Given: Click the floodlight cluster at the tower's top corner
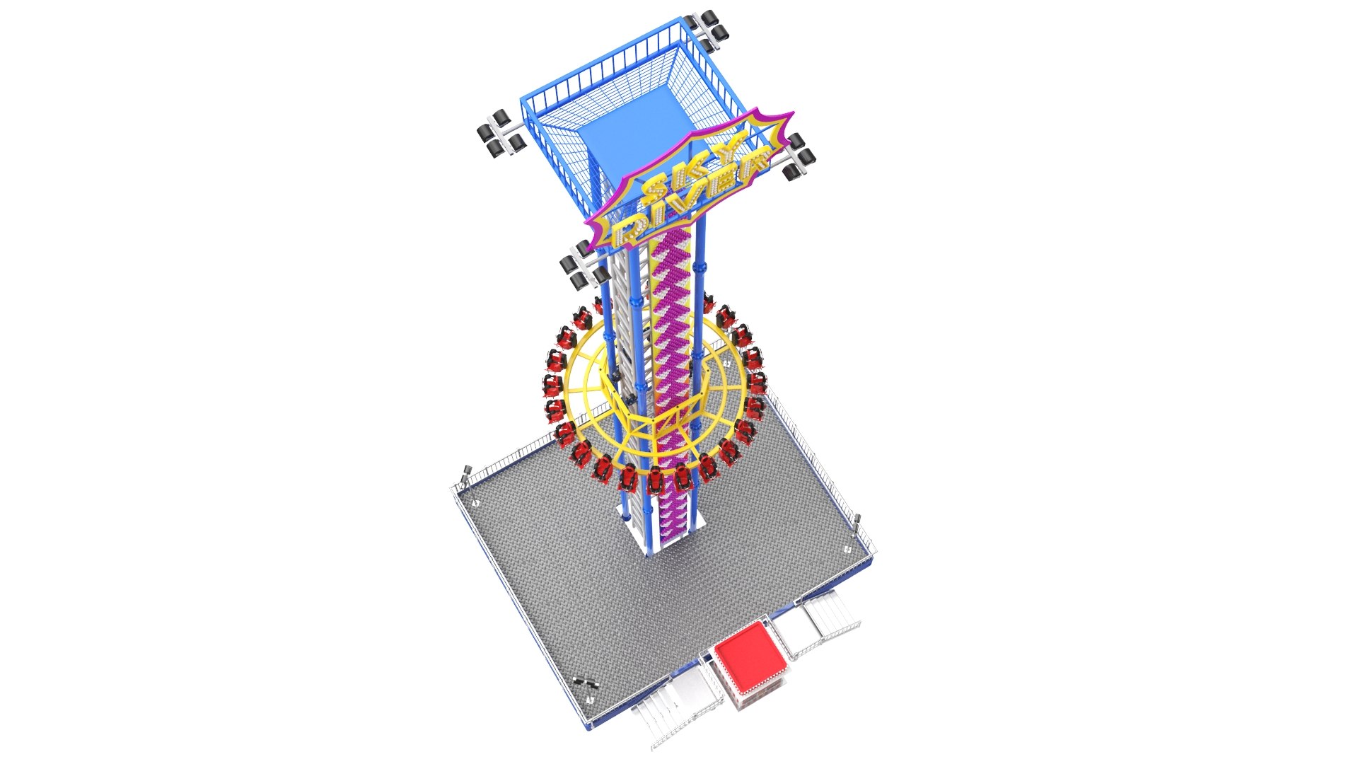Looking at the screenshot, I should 709,30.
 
